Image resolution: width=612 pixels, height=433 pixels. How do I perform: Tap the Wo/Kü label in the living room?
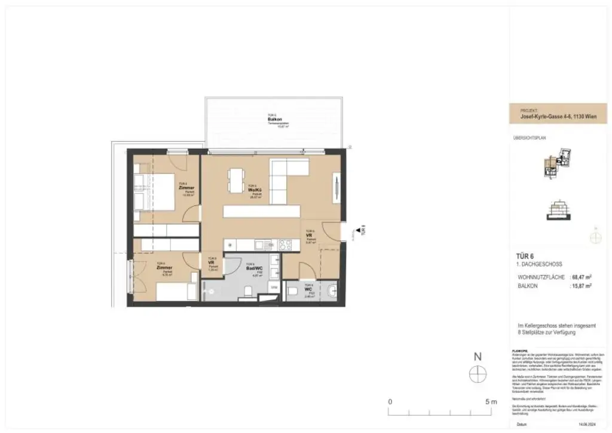(x=256, y=190)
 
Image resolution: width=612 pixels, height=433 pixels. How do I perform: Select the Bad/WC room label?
(x=255, y=270)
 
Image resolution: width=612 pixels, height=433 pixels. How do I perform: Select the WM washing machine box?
(x=274, y=288)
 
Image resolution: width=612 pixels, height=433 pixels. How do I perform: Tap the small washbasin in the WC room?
(x=333, y=291)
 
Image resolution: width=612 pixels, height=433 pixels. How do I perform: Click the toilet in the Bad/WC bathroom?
(x=247, y=291)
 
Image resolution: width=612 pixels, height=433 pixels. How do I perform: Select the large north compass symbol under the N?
(x=478, y=374)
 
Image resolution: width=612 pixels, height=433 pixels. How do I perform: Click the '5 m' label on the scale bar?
(x=491, y=401)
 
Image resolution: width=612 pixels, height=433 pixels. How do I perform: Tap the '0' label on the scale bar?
(x=390, y=401)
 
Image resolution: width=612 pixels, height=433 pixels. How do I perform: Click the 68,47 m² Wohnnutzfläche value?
(x=582, y=277)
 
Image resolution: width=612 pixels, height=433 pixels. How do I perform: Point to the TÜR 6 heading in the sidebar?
(x=525, y=255)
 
